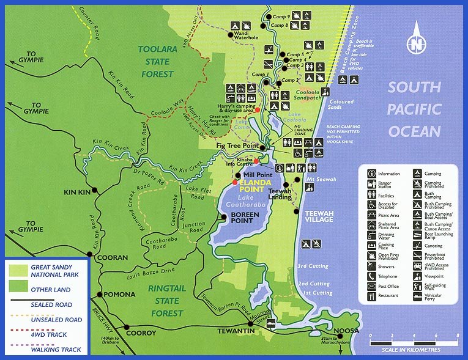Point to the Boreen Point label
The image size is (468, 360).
246,218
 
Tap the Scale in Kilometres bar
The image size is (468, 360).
414,342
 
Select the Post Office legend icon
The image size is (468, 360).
373,285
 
